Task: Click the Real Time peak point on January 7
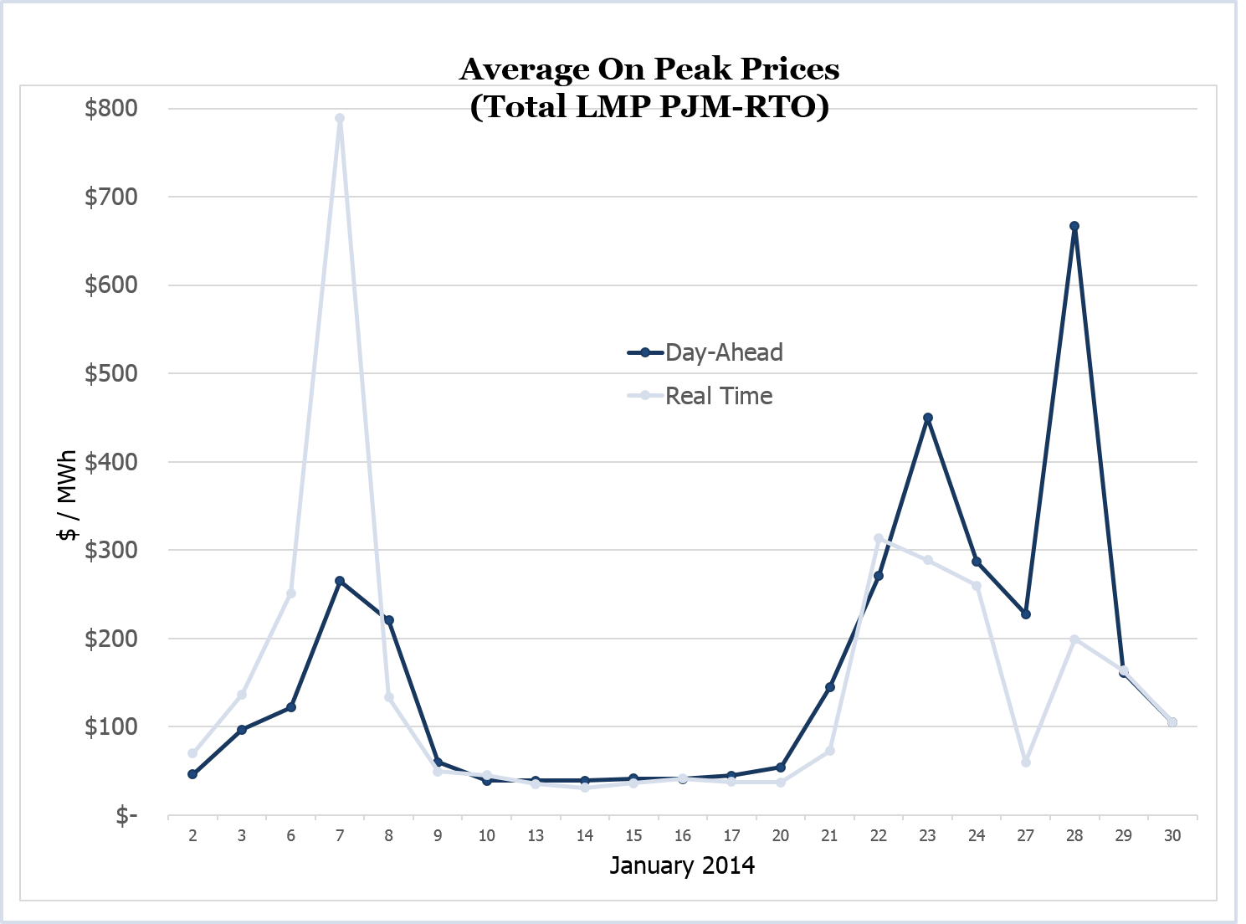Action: click(x=340, y=118)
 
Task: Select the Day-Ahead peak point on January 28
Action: click(x=1074, y=226)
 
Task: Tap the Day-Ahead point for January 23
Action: click(x=927, y=418)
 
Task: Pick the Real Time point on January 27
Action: click(x=1026, y=762)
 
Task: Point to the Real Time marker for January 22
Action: click(x=879, y=538)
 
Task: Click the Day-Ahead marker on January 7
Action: click(x=340, y=581)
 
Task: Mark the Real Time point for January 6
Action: click(x=291, y=593)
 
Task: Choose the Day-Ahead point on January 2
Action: click(x=192, y=774)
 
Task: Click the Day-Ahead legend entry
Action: click(x=724, y=352)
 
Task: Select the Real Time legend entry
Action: click(x=719, y=396)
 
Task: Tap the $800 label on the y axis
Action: click(x=111, y=108)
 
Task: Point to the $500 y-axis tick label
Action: click(x=111, y=373)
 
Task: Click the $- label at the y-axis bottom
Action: click(x=126, y=815)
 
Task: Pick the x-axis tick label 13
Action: click(x=536, y=835)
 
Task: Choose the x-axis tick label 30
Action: click(x=1172, y=835)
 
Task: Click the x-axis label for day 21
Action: click(x=829, y=835)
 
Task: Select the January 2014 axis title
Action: click(x=682, y=865)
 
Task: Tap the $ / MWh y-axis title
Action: click(x=68, y=496)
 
